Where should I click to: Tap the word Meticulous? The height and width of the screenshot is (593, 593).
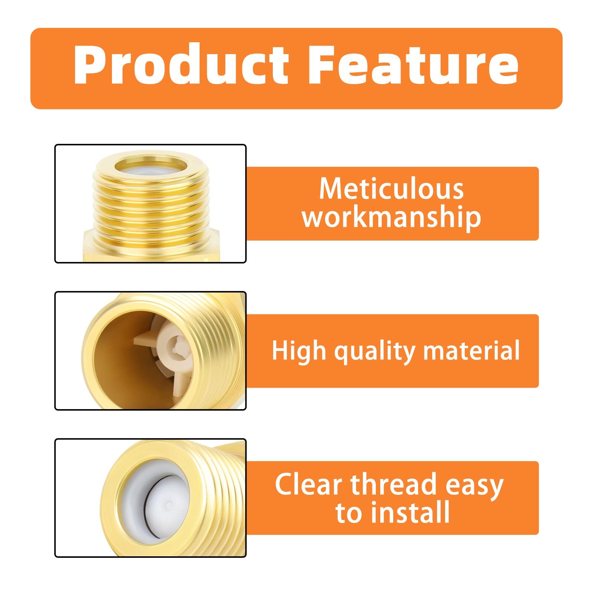(391, 189)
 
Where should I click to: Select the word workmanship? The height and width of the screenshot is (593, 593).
(391, 218)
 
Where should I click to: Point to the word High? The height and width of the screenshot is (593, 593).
(299, 351)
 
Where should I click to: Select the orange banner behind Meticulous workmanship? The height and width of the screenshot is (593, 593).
(392, 203)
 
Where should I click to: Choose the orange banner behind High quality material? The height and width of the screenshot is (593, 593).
(392, 351)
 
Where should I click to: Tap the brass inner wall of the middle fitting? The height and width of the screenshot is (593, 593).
(115, 356)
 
